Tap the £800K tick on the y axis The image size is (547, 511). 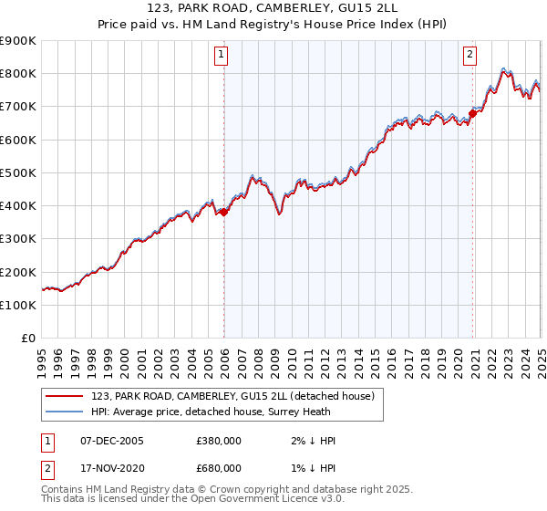pyautogui.click(x=18, y=73)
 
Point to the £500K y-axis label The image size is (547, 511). pyautogui.click(x=18, y=172)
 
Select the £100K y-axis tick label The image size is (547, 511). pyautogui.click(x=18, y=305)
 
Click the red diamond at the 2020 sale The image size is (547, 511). pyautogui.click(x=472, y=113)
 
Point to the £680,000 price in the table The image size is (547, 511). pyautogui.click(x=219, y=467)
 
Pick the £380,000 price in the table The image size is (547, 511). pyautogui.click(x=219, y=441)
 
